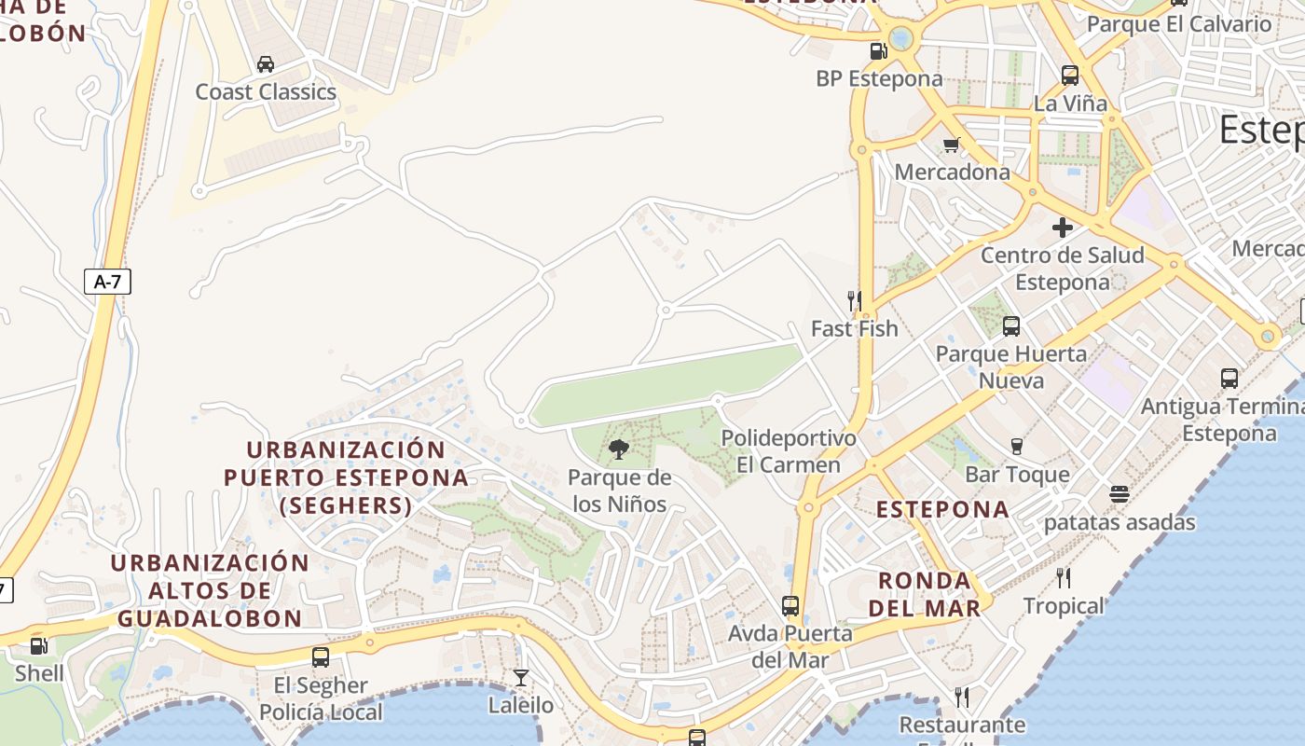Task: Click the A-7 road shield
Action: pos(107,281)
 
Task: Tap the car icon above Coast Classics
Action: pos(266,63)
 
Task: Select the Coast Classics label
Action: pos(266,91)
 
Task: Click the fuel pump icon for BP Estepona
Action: pos(878,50)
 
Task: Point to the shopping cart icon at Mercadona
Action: pos(952,144)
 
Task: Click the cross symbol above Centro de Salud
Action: pos(1062,227)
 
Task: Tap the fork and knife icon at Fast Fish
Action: pos(854,300)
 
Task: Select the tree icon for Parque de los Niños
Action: pos(618,450)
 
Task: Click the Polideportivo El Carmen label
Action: pos(775,451)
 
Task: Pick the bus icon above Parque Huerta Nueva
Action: pos(1011,325)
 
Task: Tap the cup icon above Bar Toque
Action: pos(1017,447)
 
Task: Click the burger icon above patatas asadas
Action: pos(1120,493)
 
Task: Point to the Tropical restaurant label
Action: pos(1064,606)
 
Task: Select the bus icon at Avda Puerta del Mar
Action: pos(790,605)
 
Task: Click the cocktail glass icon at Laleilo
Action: pos(521,677)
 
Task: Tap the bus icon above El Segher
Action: pos(321,656)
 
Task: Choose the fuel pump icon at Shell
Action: pos(39,645)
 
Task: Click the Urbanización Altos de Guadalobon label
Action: pos(210,590)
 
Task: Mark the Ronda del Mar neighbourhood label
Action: pos(929,594)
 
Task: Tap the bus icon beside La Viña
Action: pos(1070,75)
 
